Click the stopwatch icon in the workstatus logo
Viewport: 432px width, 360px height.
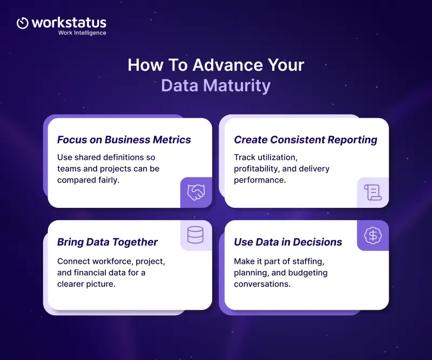point(22,23)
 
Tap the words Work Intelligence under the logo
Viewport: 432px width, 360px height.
point(82,33)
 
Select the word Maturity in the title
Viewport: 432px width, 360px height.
point(237,86)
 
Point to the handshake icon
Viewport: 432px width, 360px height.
point(196,192)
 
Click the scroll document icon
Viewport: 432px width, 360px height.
point(373,192)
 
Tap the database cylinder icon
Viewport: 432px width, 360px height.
point(195,235)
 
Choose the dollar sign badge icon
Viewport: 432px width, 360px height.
point(373,235)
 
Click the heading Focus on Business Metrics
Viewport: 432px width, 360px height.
point(124,140)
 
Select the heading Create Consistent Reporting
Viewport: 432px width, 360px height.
point(306,140)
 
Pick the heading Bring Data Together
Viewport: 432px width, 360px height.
point(107,242)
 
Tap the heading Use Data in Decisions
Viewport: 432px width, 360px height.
point(288,242)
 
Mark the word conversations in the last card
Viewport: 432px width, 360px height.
point(262,284)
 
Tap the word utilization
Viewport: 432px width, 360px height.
point(277,157)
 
